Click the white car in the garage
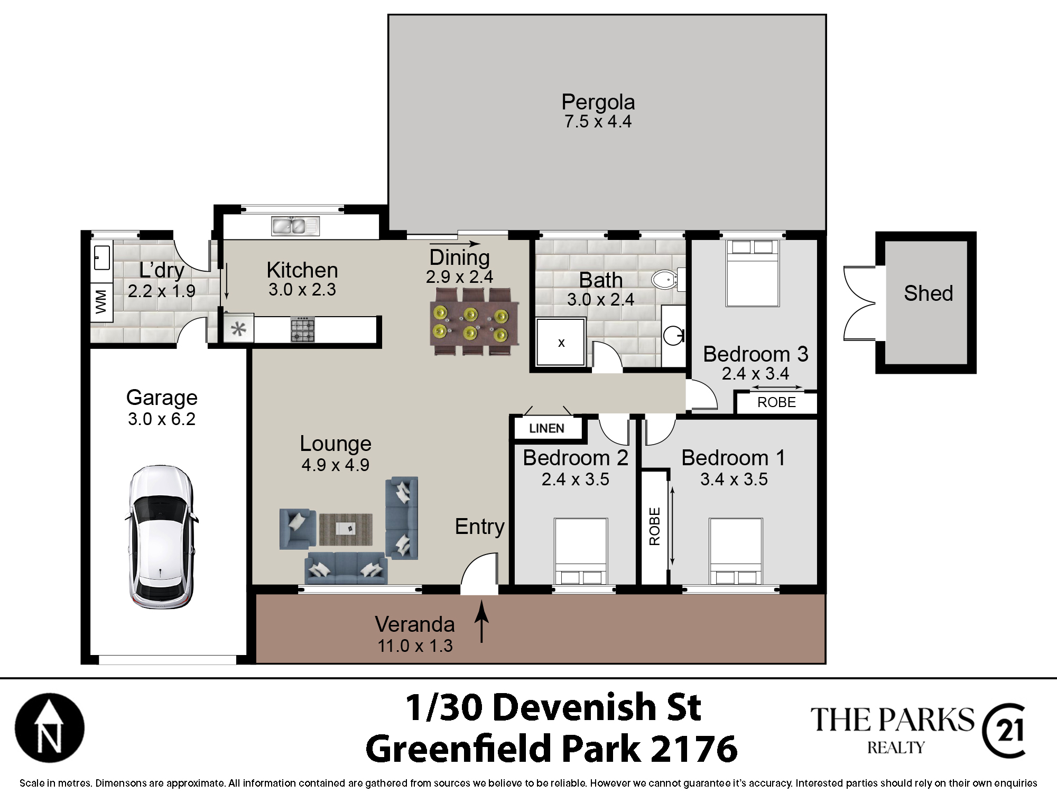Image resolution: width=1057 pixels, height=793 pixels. point(161,537)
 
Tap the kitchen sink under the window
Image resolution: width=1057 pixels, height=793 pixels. point(295,226)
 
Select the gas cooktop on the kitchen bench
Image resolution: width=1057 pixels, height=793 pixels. point(302,329)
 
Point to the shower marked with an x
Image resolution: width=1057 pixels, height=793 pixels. point(561,342)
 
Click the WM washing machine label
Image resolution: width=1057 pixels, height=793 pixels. point(101,302)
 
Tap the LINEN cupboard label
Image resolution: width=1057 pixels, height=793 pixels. point(546,428)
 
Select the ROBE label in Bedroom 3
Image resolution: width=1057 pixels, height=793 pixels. point(776,402)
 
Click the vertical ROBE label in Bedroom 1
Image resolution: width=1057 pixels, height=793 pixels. point(654,527)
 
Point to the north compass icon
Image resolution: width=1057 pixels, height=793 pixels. point(50,727)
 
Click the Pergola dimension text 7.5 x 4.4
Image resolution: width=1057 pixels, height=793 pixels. point(598,122)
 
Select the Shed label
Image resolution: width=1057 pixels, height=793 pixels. point(928,293)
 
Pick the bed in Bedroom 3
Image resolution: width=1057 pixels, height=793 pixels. point(753,273)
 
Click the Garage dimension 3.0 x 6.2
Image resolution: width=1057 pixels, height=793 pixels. point(162,419)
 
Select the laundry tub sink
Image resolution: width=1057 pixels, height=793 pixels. point(102,257)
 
